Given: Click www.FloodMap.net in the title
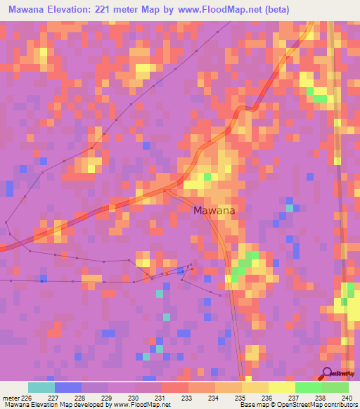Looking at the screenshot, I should coord(219,10).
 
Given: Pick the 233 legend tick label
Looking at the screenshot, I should coord(188,397).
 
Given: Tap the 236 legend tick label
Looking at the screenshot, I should coord(267,397).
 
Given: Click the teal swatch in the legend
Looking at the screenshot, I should coord(41,387).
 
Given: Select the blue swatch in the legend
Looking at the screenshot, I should coord(68,387).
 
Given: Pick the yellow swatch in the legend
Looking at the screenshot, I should coord(281,387).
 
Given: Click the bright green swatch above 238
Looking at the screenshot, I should coord(308,387).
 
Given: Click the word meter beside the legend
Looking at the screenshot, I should coord(13,397).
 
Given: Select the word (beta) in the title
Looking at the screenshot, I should coord(274,10).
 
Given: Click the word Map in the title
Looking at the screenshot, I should coord(162,10).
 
